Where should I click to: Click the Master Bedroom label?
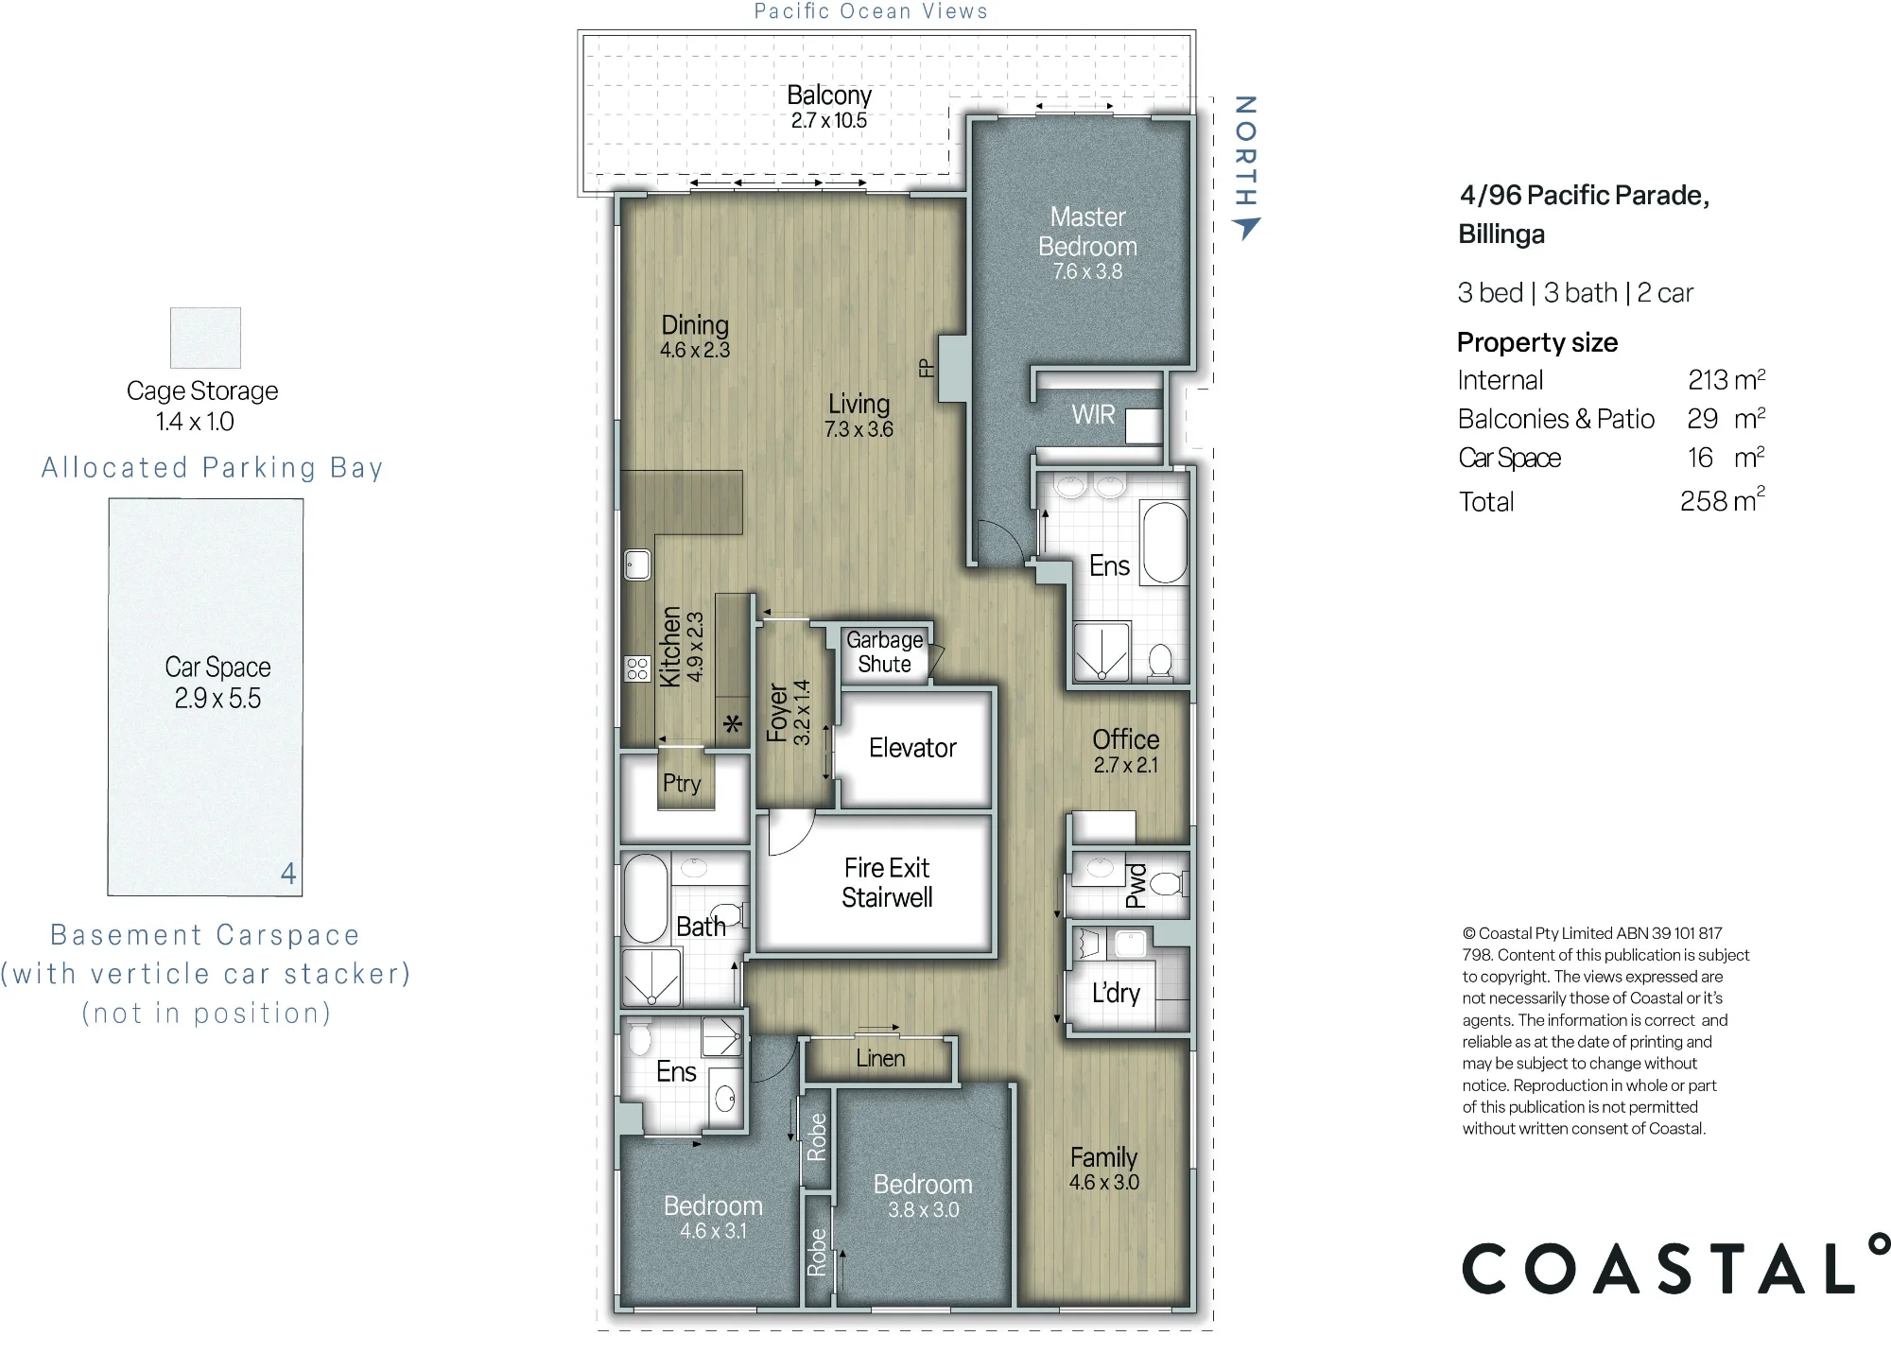1087,232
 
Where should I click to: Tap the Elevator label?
912,748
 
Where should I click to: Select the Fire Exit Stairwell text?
887,882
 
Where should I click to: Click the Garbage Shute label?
884,652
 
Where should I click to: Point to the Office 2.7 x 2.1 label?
1125,752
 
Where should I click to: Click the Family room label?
1103,1157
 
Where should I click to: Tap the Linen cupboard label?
880,1059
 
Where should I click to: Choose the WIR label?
1093,415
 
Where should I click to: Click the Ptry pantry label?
682,784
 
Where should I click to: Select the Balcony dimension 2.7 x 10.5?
829,120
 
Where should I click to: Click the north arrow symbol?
1246,228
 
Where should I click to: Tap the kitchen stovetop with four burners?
637,668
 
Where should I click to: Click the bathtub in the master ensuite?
1165,543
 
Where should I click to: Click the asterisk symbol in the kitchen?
733,725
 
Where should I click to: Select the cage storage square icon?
205,338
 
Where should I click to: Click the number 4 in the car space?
288,873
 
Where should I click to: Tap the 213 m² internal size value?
1726,379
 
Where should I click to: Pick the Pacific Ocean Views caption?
871,11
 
